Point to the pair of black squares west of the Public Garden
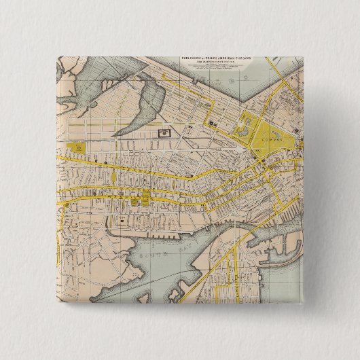pos(213,124)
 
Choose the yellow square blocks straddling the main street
pos(143,199)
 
